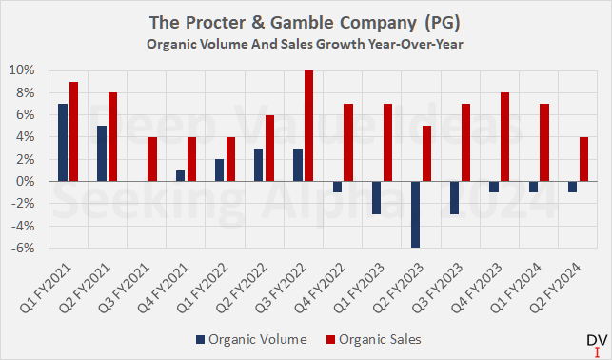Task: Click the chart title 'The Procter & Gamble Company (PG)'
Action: (x=306, y=22)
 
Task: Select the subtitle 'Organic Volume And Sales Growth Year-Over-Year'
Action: (x=306, y=42)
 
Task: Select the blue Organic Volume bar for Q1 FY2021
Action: (x=63, y=142)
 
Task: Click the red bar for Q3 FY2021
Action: (x=152, y=159)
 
